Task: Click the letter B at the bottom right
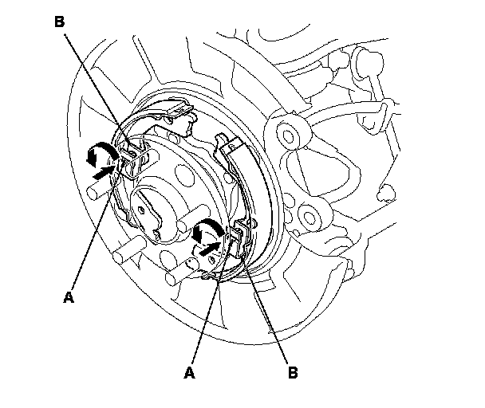click(x=294, y=371)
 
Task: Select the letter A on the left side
click(x=69, y=297)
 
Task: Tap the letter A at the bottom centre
click(x=190, y=371)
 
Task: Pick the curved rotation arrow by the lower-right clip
click(x=206, y=229)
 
